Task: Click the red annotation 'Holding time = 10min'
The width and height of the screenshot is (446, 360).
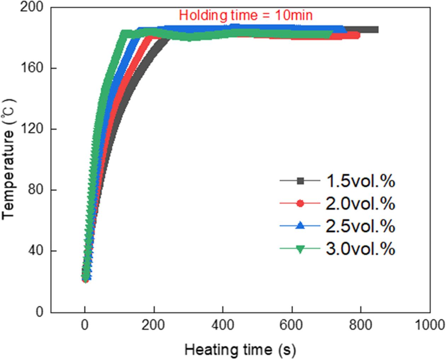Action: point(246,15)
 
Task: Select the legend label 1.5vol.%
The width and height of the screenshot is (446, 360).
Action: point(360,181)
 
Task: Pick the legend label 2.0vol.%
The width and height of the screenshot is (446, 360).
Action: point(360,204)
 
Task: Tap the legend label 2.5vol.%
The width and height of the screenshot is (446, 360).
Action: point(360,226)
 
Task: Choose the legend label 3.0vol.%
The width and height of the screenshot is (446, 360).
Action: point(360,249)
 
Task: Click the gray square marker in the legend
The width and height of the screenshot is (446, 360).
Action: point(300,181)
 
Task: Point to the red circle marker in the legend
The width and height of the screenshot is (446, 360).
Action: point(300,203)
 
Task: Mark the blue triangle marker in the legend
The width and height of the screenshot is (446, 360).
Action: point(300,225)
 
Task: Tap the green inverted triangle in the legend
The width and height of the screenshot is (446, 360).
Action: point(300,249)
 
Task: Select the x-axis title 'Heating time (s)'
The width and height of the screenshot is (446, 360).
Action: point(240,350)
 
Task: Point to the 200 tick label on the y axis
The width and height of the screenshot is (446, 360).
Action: point(32,7)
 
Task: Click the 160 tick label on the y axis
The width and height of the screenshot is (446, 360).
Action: point(32,68)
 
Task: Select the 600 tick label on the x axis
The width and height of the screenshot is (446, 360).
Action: point(292,325)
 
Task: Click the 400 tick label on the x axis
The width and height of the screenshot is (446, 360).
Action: point(223,325)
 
